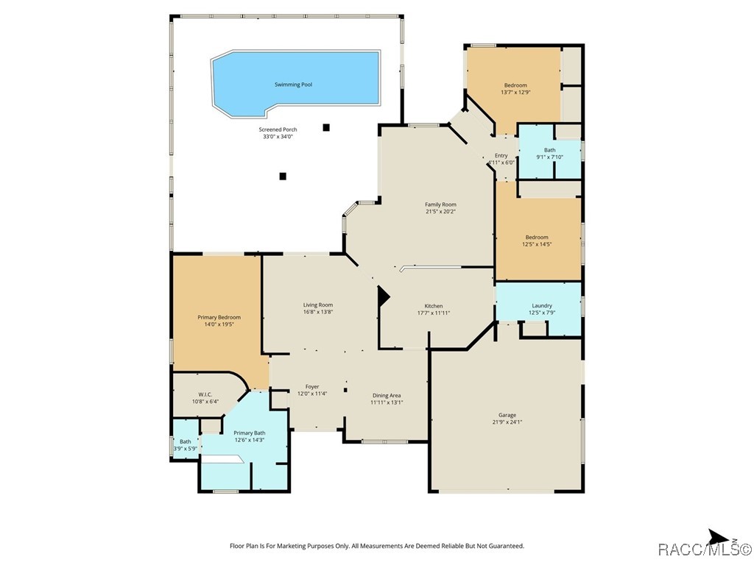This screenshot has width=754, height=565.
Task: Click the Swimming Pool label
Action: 293,85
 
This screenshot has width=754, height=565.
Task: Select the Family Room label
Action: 440,205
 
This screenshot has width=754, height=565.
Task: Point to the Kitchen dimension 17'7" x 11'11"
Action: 433,313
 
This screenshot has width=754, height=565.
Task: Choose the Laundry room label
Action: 542,305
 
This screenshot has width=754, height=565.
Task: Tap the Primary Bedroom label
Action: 219,317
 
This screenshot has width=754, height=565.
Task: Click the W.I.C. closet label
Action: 205,394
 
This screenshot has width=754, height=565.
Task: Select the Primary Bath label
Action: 249,433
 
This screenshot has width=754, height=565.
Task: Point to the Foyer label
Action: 312,386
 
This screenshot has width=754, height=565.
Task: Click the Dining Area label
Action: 387,394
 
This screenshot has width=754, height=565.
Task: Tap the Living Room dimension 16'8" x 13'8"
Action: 318,312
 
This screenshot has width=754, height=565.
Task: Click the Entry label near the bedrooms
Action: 501,155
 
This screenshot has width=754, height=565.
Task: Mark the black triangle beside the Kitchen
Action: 382,297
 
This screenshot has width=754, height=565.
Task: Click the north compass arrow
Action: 717,537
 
